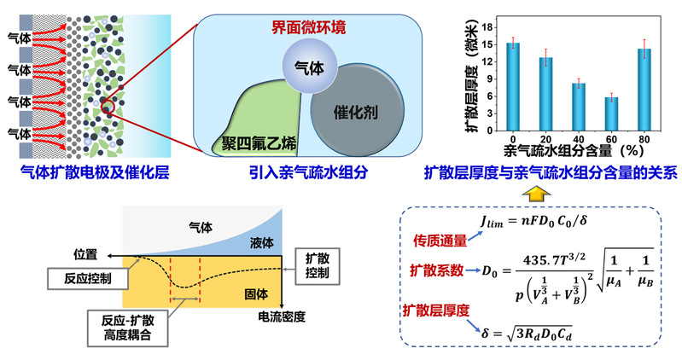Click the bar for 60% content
click(611, 113)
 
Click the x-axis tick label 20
click(545, 139)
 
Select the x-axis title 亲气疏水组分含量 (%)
click(580, 152)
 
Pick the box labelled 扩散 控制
click(311, 265)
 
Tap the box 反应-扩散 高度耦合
click(126, 325)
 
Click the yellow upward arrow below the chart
click(536, 194)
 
